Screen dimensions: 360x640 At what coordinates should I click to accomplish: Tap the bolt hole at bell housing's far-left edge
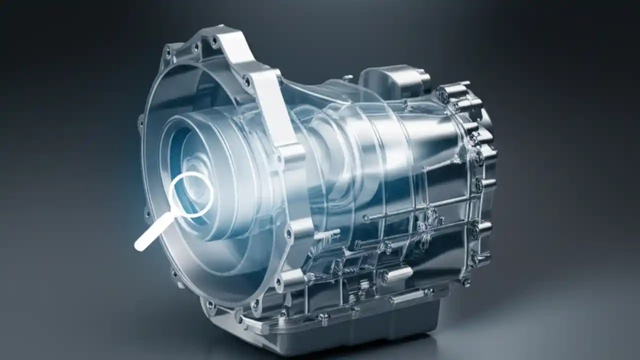[140, 120]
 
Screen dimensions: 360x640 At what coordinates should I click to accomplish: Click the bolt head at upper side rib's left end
[366, 218]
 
